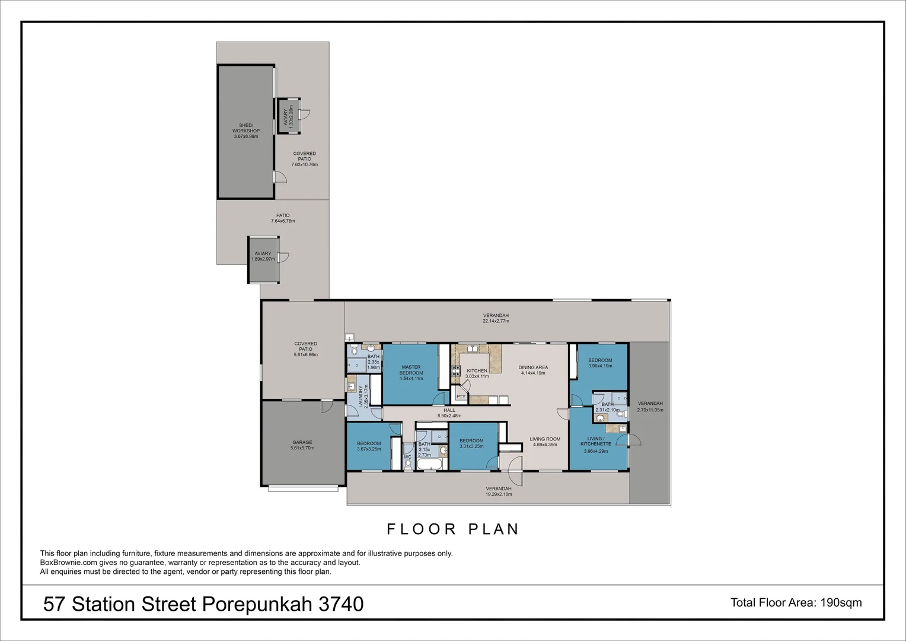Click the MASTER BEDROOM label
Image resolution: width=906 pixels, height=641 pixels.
411,370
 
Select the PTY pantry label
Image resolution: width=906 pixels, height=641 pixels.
460,396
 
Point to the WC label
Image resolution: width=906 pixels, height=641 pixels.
407,457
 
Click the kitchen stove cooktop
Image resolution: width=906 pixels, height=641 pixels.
456,371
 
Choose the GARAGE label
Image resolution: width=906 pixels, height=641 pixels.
302,442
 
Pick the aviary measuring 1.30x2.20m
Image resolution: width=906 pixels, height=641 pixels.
288,116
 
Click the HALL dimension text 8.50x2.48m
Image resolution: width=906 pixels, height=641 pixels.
449,416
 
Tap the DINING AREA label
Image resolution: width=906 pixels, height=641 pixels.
534,367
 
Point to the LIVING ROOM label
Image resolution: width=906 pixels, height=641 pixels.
545,439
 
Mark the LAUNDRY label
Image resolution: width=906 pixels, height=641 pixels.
360,396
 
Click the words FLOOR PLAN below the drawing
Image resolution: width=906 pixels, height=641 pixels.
453,529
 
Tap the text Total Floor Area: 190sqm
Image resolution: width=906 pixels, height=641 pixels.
796,602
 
